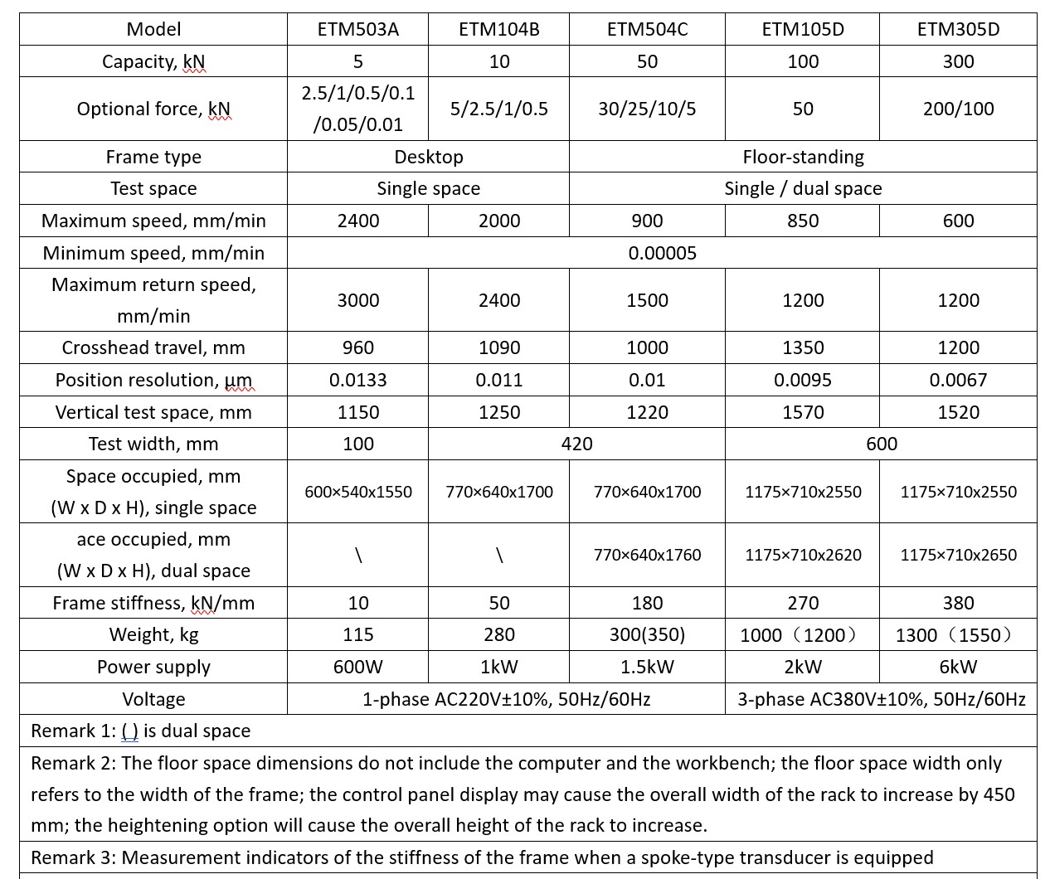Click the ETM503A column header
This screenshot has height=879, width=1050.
click(357, 29)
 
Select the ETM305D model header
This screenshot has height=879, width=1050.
click(958, 29)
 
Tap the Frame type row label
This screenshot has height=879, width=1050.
click(153, 157)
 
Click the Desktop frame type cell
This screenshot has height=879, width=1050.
click(428, 157)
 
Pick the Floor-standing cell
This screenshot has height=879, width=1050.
click(803, 157)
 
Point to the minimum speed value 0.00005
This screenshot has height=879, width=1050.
click(662, 253)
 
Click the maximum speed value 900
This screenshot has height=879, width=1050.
click(647, 221)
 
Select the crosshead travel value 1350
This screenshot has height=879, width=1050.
click(803, 347)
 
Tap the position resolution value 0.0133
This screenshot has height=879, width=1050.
click(357, 380)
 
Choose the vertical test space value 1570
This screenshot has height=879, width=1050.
click(803, 412)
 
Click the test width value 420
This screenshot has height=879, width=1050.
click(576, 444)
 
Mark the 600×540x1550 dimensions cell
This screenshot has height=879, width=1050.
click(357, 492)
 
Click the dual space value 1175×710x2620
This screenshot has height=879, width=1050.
click(803, 555)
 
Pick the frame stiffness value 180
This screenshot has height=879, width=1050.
click(647, 603)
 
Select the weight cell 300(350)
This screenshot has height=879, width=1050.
click(647, 634)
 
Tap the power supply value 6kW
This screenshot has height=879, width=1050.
click(958, 667)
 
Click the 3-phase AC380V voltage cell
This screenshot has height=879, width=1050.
click(881, 699)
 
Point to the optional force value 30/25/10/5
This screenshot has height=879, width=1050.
click(647, 109)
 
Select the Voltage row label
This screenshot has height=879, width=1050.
click(153, 699)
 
